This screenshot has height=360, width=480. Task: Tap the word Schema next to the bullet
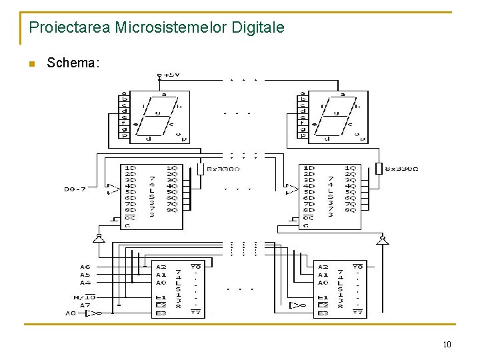coord(73,63)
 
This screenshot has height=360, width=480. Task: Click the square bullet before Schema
coord(30,64)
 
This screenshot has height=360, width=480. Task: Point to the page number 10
coord(446,344)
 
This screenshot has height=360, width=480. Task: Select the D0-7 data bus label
coord(74,189)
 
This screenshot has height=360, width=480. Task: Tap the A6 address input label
coord(85,267)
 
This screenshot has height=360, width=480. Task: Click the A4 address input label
coord(85,282)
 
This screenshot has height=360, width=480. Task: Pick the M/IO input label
coord(85,297)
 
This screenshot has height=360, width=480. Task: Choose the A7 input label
coord(85,305)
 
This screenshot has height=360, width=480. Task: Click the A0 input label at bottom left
coord(71,313)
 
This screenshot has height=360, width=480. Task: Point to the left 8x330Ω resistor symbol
coord(200,169)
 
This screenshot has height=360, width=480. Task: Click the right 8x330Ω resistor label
coord(404,169)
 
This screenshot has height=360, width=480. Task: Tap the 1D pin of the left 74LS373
coord(131,168)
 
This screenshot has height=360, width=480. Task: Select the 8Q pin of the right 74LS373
coord(351,210)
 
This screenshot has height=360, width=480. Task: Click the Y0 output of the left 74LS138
coord(196,267)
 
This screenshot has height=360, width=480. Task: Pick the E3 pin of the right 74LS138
coord(323,313)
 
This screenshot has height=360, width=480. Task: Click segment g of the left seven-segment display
coord(158,113)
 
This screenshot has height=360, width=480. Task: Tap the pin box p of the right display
coord(303,136)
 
